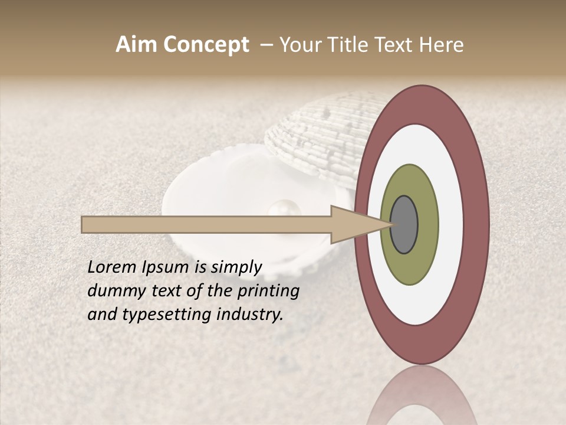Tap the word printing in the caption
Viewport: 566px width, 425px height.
click(269, 292)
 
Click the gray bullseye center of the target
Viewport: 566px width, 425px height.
click(404, 224)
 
